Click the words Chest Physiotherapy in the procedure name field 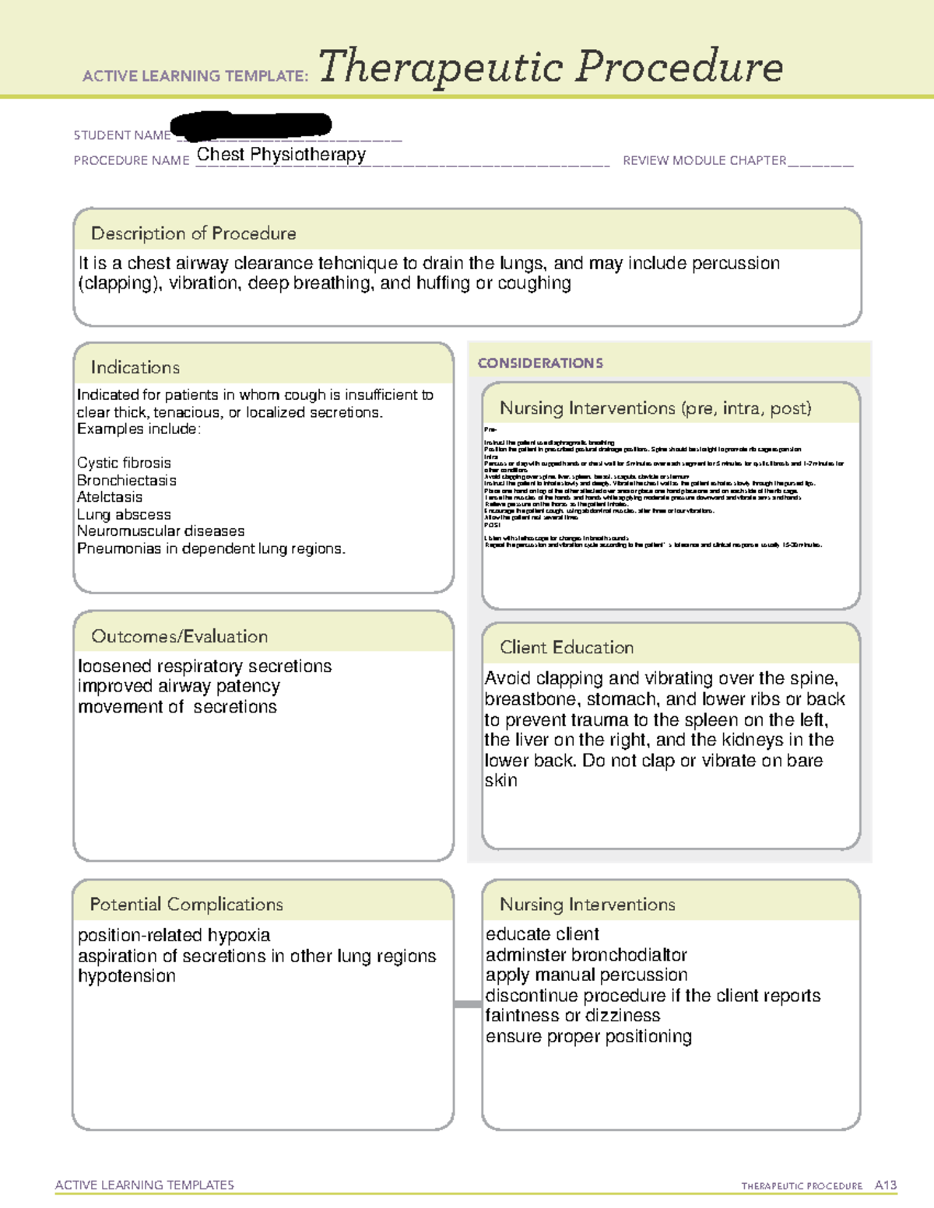(x=281, y=155)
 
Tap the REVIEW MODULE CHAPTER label (x=704, y=161)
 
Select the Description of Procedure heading (x=193, y=233)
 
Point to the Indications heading (x=135, y=367)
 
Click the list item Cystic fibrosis (x=124, y=463)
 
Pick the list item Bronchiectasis (x=127, y=481)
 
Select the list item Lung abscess (x=124, y=515)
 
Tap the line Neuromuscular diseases (x=160, y=531)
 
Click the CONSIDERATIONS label (x=540, y=363)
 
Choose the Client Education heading (x=567, y=647)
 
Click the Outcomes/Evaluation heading (x=179, y=636)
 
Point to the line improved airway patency (x=178, y=686)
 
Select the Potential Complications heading (x=186, y=904)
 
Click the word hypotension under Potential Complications (x=127, y=976)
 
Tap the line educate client (x=542, y=934)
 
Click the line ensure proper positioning (x=588, y=1037)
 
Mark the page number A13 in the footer (x=885, y=1185)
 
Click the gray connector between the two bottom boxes (x=468, y=1004)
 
